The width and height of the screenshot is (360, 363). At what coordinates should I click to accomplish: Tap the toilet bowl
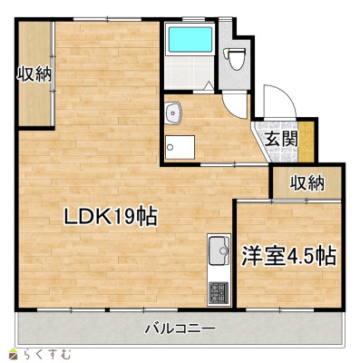coord(238,59)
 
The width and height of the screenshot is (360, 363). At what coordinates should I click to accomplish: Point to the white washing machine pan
coord(180,148)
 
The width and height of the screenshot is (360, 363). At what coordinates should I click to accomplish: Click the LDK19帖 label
coord(110,217)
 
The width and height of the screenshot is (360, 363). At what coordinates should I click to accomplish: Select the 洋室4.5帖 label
coord(288,255)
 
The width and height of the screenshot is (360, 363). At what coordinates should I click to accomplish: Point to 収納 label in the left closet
coord(34,74)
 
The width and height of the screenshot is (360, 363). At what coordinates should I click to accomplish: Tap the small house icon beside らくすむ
coord(13,353)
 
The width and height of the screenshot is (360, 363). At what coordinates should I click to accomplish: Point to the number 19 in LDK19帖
coord(124,217)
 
